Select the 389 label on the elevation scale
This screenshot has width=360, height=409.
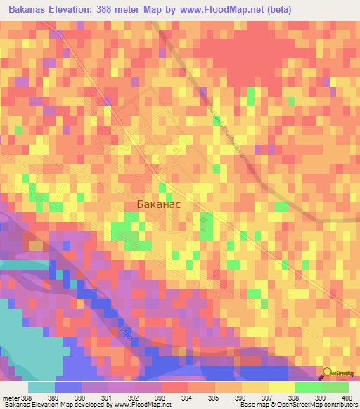click(x=68, y=398)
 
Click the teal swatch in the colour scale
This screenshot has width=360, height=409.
click(x=41, y=387)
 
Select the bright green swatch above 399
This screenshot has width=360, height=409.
click(x=309, y=387)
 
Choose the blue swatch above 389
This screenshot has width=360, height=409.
click(x=68, y=387)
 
